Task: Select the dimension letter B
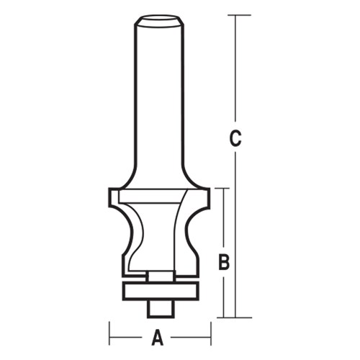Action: click(224, 263)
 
